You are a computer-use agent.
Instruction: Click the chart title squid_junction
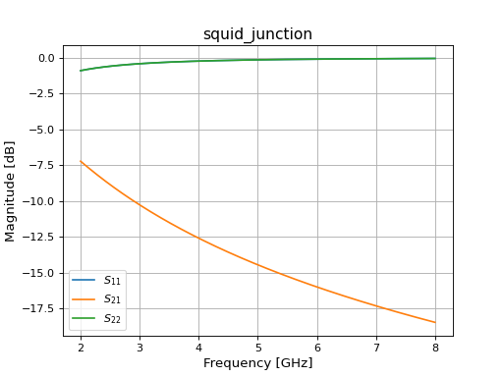257,34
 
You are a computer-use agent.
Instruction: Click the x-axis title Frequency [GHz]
257,363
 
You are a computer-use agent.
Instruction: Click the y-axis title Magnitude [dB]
11,190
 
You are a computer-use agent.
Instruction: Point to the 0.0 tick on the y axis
46,58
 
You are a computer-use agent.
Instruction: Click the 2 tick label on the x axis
81,347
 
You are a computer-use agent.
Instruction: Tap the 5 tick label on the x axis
257,347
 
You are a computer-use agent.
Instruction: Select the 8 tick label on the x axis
435,347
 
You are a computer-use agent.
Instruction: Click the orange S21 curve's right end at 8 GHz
435,323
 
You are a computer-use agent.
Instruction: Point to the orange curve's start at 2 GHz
81,161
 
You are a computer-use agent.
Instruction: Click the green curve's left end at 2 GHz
81,71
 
